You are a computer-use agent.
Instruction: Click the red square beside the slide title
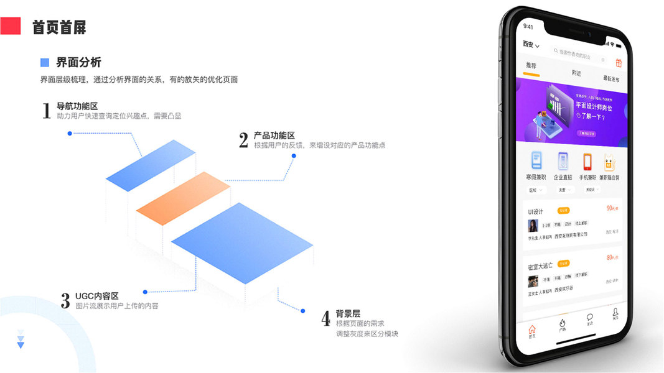[x=11, y=25]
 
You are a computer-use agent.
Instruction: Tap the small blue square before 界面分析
[x=44, y=62]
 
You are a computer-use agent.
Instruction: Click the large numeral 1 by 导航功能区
[x=46, y=111]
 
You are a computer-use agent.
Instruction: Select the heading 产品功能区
[x=274, y=136]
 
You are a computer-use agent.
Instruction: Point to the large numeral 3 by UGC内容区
[x=65, y=301]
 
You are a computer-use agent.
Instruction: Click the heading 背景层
[x=348, y=314]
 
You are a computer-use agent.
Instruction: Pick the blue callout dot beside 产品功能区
[x=294, y=155]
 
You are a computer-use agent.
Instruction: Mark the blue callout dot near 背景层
[x=302, y=311]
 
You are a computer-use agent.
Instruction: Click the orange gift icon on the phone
[x=619, y=63]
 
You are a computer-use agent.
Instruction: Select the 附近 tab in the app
[x=577, y=73]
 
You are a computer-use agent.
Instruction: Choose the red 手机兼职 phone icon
[x=587, y=162]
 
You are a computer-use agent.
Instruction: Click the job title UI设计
[x=535, y=211]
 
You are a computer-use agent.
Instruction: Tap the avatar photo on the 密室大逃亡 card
[x=533, y=281]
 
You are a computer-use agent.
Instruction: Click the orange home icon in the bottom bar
[x=531, y=330]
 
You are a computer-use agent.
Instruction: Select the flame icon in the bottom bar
[x=562, y=324]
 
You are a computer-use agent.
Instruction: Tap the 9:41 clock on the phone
[x=528, y=27]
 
